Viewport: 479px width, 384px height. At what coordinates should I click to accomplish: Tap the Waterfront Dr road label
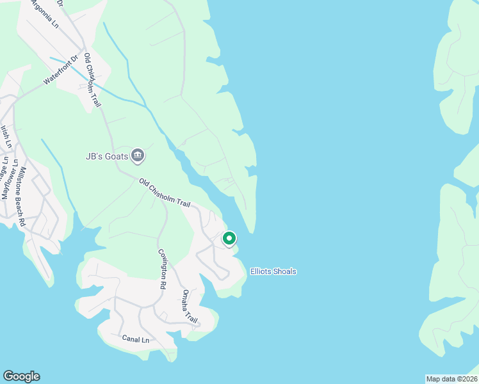(x=60, y=71)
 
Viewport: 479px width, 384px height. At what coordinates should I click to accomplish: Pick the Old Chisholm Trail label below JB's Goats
(x=165, y=193)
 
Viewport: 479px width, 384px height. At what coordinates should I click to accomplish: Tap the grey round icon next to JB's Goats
(x=137, y=155)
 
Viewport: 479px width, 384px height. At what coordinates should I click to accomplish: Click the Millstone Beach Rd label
(x=21, y=196)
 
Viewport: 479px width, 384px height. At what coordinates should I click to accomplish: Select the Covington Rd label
(x=163, y=269)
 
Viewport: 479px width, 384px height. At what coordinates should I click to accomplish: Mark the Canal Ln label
(x=135, y=337)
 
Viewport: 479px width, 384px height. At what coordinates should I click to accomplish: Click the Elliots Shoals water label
(x=273, y=271)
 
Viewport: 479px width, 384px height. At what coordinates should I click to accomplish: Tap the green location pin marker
(x=229, y=239)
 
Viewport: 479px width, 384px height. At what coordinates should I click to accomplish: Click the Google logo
(x=21, y=376)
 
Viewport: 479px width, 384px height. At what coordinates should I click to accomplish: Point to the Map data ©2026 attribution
(x=451, y=378)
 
